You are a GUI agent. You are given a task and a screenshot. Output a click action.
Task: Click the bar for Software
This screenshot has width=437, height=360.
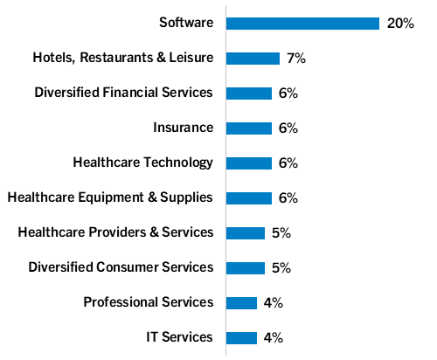[302, 24]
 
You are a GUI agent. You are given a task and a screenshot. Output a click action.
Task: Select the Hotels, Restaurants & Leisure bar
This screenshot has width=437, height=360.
[253, 59]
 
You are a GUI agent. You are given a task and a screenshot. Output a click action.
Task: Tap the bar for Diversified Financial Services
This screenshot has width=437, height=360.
[249, 93]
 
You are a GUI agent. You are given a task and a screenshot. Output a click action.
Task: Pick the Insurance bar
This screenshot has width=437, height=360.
[249, 128]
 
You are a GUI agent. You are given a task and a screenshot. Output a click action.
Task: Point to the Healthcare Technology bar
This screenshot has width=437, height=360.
[249, 163]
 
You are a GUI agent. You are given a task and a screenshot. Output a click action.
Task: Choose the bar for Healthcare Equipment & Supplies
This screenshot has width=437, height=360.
[249, 197]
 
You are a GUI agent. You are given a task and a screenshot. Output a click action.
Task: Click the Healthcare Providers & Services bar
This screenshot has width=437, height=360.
[246, 232]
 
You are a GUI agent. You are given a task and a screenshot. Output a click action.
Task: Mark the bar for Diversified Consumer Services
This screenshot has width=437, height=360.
[246, 267]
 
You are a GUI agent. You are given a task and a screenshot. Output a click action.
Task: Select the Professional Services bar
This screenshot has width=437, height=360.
[241, 302]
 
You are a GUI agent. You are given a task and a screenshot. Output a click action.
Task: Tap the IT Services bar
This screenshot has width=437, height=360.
[241, 337]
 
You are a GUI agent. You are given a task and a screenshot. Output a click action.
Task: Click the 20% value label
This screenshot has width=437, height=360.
[399, 24]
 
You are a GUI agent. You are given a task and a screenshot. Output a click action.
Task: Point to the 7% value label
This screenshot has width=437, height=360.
[295, 59]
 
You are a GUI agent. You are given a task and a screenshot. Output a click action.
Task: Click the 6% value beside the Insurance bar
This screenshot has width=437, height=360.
[288, 128]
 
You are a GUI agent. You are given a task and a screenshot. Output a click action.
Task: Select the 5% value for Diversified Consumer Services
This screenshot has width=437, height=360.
[281, 267]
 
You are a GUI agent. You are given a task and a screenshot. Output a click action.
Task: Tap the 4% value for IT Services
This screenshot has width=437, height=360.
[273, 337]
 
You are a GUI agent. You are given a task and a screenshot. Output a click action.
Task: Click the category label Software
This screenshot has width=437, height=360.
[186, 23]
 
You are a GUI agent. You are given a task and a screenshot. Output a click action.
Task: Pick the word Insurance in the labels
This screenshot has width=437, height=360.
[183, 128]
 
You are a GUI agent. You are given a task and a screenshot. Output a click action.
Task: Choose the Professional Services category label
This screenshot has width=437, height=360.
[148, 302]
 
